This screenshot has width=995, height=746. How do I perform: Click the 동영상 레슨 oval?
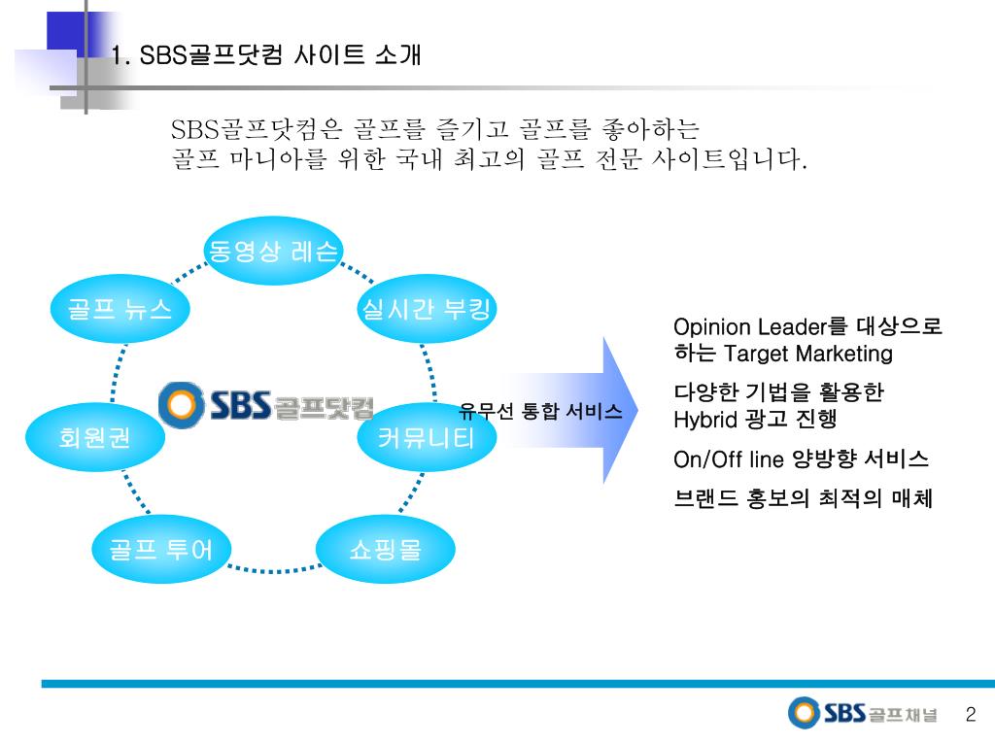coord(273,252)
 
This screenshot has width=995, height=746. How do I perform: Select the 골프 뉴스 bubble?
coord(120,310)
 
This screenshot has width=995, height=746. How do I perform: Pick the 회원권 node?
coord(94,438)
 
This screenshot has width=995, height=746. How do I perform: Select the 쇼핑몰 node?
coord(385,550)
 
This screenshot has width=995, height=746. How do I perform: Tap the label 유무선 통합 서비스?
coord(540,411)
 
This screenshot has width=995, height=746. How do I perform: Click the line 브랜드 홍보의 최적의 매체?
coord(803,499)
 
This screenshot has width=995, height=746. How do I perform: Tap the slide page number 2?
coord(970,715)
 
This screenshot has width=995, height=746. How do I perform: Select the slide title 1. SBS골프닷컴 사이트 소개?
coord(266,55)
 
